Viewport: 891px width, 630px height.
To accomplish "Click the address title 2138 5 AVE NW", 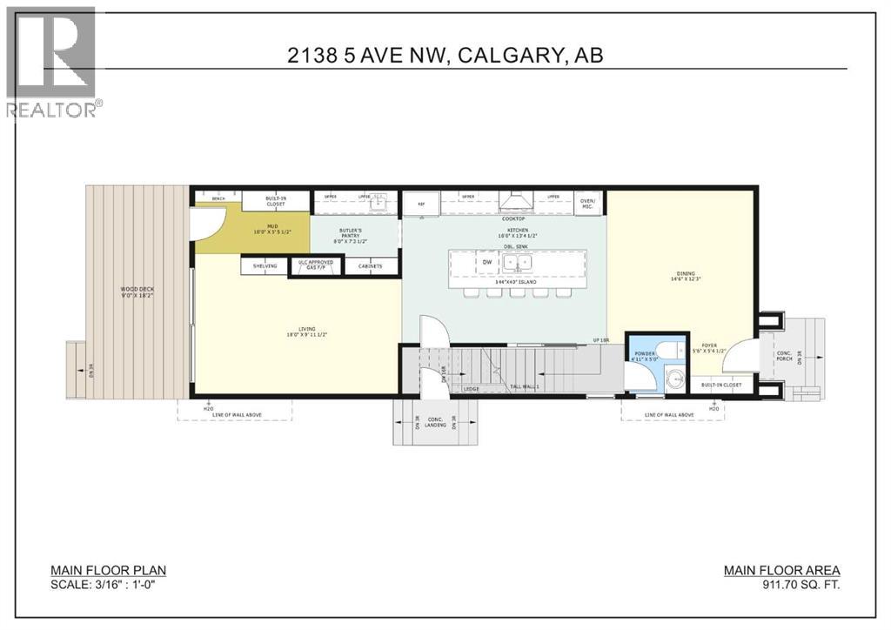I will tap(445, 55).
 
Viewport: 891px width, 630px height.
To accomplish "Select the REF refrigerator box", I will tap(422, 203).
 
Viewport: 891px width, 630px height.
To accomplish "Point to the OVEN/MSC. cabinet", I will tap(588, 203).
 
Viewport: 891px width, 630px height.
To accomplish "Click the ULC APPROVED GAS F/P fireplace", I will tap(316, 265).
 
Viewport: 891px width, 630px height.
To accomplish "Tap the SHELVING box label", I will tap(265, 266).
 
